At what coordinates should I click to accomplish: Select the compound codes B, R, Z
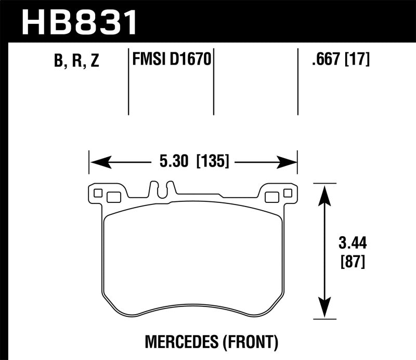76,61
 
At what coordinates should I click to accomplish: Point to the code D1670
190,60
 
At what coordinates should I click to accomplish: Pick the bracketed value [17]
356,60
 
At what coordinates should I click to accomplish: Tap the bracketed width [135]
212,162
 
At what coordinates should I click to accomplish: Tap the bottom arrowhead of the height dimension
324,311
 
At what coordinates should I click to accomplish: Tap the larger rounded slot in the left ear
113,197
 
